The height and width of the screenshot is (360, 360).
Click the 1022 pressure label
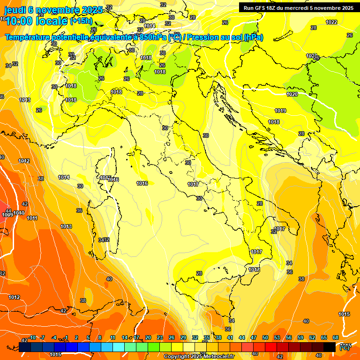click(x=331, y=22)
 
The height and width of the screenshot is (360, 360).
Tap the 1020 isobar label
click(x=292, y=94)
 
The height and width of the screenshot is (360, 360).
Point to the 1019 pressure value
click(x=280, y=111)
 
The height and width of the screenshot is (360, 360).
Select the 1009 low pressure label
click(x=7, y=215)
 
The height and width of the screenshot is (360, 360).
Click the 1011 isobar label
click(x=32, y=218)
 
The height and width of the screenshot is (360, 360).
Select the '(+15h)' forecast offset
click(x=82, y=21)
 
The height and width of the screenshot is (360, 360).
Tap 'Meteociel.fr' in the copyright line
click(x=218, y=357)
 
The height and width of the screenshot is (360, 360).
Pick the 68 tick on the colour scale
click(x=336, y=337)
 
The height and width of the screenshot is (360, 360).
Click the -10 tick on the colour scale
click(x=32, y=337)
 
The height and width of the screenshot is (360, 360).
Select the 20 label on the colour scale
click(x=148, y=337)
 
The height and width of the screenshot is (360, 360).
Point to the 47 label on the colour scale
click(x=254, y=337)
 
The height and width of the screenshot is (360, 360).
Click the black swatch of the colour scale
click(x=330, y=347)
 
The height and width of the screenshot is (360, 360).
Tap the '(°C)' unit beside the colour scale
click(x=345, y=348)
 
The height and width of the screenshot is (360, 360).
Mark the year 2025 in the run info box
click(x=347, y=8)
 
